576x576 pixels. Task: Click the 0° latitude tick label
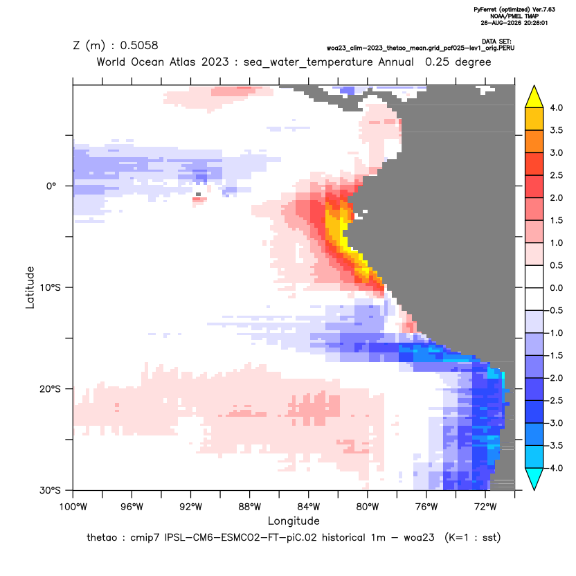(51, 186)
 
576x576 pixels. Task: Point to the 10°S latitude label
(50, 287)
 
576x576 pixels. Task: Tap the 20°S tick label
(50, 389)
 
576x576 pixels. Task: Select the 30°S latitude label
(50, 490)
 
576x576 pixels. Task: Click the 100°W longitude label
(73, 507)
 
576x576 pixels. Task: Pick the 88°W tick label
(249, 507)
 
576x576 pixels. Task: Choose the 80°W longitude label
(368, 507)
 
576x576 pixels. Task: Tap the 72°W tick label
(485, 507)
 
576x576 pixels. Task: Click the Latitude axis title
(30, 287)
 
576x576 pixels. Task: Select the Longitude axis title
(294, 521)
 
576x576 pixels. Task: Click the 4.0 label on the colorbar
(556, 107)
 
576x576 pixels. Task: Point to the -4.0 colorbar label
(555, 468)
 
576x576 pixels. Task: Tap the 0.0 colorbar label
(556, 287)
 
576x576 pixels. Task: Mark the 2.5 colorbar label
(556, 175)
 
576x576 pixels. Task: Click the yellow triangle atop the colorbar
(534, 98)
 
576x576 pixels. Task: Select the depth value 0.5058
(139, 45)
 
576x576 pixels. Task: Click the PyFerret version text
(514, 10)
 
